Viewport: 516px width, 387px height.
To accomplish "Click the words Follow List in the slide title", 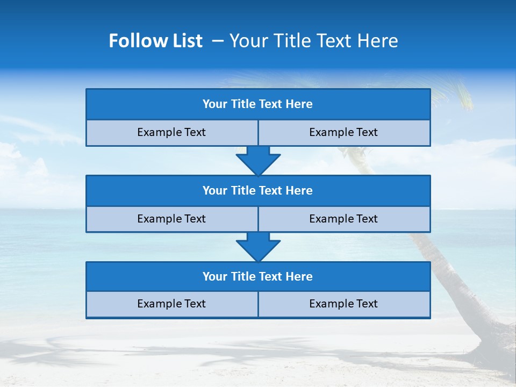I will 155,41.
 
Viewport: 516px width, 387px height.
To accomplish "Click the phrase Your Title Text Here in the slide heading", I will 313,41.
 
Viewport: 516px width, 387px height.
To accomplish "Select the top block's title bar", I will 258,104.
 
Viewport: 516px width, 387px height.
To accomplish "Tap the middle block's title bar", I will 258,191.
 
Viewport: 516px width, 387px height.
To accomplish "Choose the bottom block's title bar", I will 258,277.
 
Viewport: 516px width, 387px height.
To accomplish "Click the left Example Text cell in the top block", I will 171,133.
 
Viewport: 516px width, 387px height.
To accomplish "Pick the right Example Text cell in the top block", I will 344,133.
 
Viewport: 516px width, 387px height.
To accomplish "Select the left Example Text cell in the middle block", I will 171,219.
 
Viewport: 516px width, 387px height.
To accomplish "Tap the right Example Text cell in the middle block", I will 344,219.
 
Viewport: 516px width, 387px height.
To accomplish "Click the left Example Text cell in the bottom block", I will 171,304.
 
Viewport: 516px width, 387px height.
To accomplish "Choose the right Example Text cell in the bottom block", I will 344,304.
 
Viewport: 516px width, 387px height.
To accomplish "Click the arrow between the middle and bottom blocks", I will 258,247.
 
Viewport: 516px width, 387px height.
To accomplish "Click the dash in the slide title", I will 218,41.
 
